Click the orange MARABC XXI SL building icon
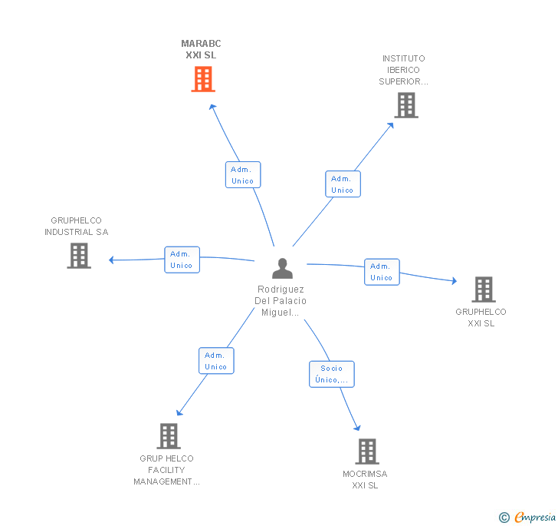[x=203, y=79]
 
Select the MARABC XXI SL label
[x=201, y=49]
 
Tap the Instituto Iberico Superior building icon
[x=406, y=105]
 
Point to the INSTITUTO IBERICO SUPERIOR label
[x=403, y=70]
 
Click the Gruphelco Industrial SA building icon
[x=79, y=256]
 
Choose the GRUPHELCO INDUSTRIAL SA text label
[x=76, y=226]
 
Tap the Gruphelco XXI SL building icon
[x=484, y=289]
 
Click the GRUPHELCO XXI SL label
[x=481, y=317]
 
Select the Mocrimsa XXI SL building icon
[x=367, y=451]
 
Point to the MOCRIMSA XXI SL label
[x=365, y=480]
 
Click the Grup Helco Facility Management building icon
[x=169, y=436]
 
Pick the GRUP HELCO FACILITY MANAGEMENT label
[x=166, y=470]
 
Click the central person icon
[x=282, y=268]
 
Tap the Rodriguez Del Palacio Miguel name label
[x=281, y=300]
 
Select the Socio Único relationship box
[x=332, y=374]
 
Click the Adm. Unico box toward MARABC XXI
[x=243, y=175]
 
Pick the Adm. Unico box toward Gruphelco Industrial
[x=182, y=260]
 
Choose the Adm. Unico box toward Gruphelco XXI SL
[x=382, y=272]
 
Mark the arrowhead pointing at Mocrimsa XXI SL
[x=357, y=428]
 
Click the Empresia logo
[x=527, y=517]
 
